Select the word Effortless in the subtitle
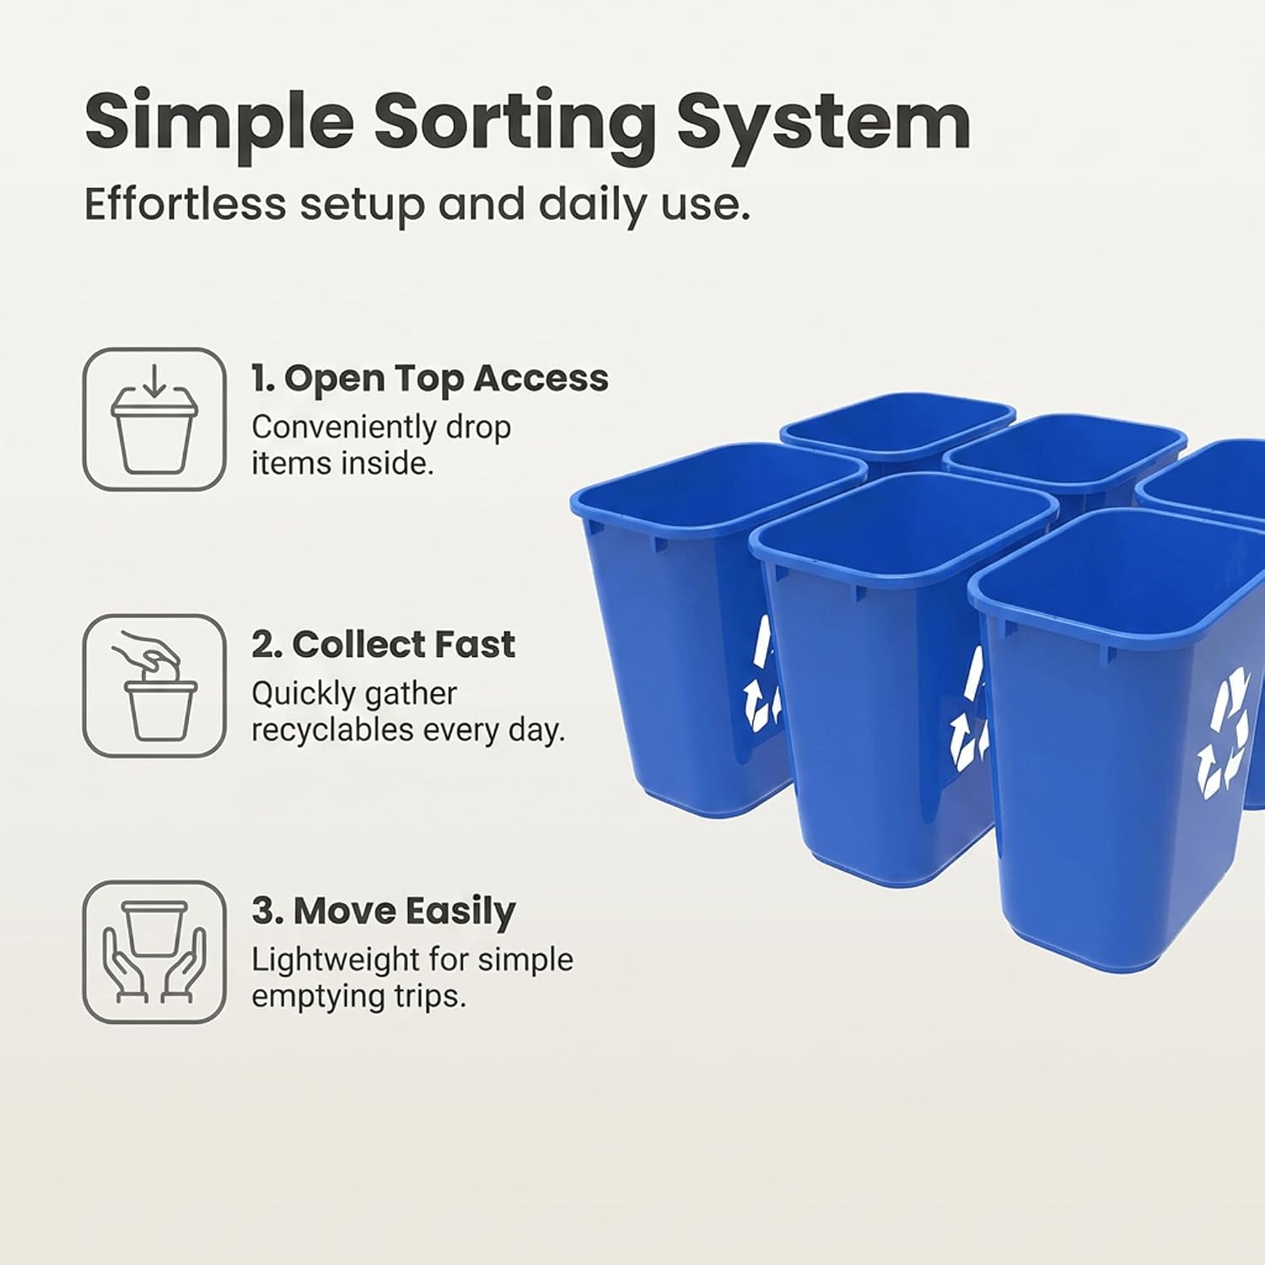click(186, 204)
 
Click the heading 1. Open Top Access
click(430, 379)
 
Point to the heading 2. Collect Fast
click(383, 645)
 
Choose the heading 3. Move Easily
click(384, 912)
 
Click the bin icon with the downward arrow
click(154, 419)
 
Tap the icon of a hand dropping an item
click(154, 686)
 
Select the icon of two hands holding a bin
click(154, 952)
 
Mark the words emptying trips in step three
click(358, 997)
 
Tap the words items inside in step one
click(342, 464)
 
